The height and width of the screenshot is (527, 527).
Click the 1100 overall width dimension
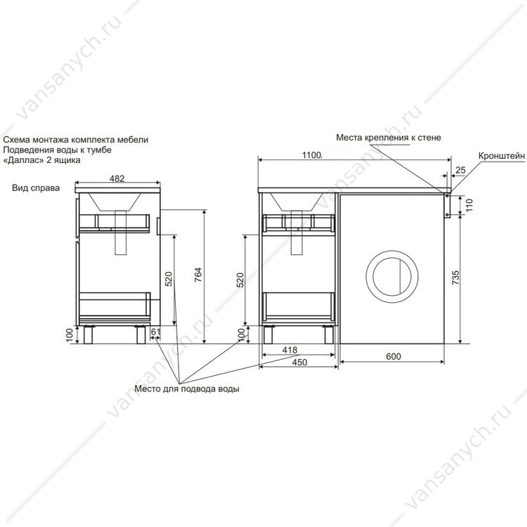pos(311,155)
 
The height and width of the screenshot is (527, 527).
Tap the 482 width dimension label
pos(117,178)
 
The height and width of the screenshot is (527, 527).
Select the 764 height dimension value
pos(198,275)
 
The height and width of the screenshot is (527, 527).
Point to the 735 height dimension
pos(455,278)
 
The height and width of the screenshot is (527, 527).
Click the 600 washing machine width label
pos(393,356)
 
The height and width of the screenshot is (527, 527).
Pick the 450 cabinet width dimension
pos(299,362)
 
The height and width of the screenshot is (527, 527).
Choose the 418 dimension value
pos(289,350)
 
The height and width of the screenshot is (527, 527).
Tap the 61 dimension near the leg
pos(155,332)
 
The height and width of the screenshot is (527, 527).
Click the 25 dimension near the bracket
pos(460,170)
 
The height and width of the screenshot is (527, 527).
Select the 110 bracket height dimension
pos(469,205)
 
